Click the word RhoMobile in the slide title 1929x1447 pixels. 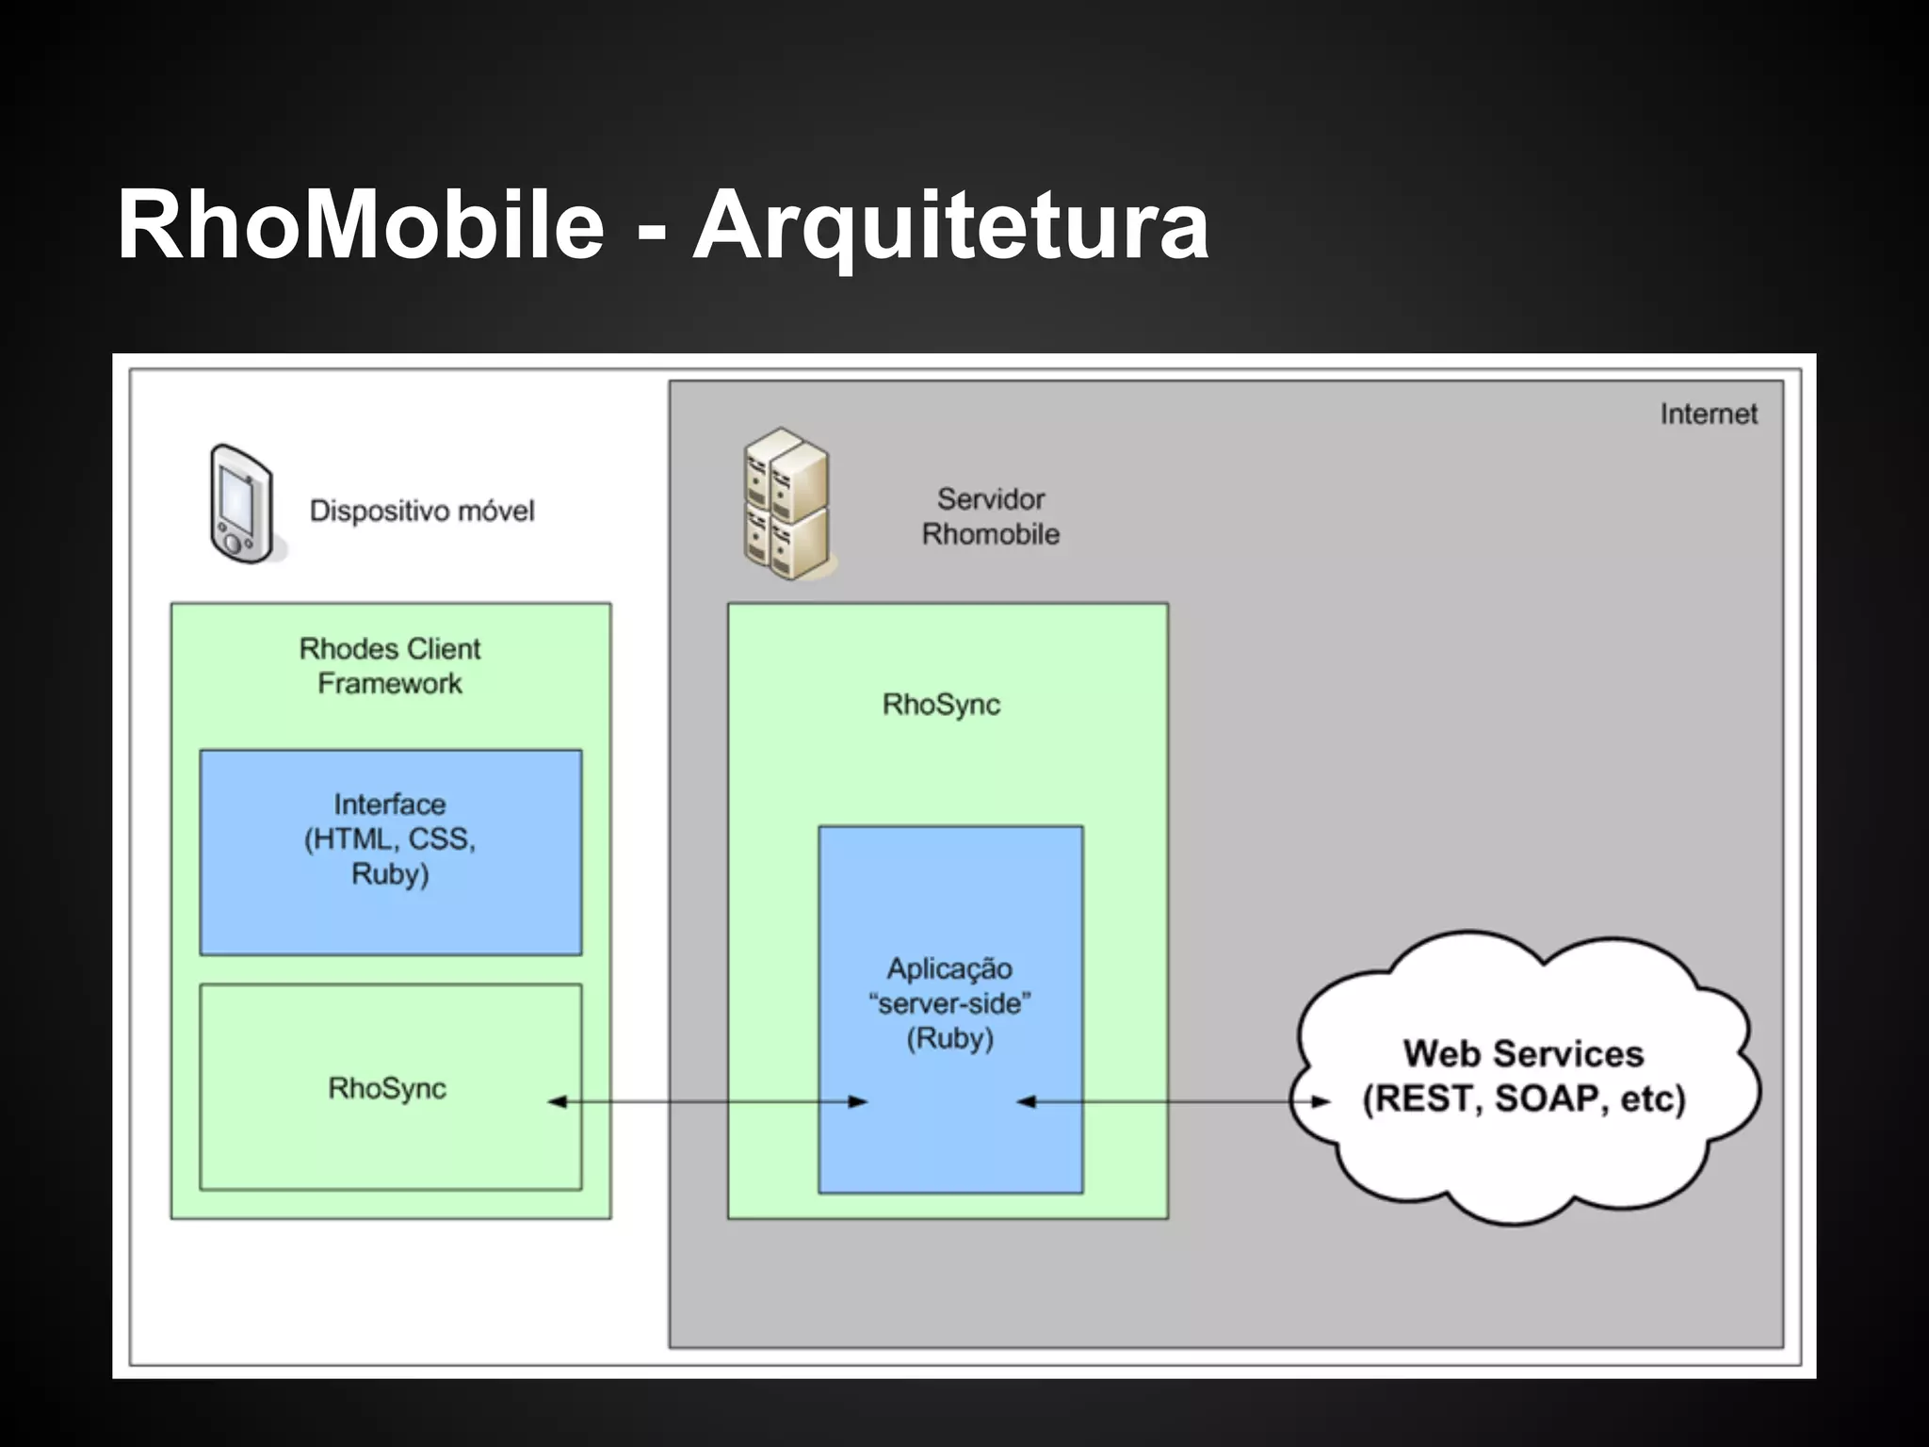coord(360,225)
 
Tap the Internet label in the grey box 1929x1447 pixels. coord(1708,414)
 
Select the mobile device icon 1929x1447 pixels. coord(243,505)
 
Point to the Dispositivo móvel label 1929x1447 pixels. coord(422,512)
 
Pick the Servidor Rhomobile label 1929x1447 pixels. coord(991,516)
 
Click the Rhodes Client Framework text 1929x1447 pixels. coord(390,666)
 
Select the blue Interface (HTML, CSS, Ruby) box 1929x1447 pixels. coord(391,852)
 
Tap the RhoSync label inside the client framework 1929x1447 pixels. coord(386,1088)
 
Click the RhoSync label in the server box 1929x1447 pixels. coord(941,705)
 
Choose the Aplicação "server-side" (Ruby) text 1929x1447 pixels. coord(949,1003)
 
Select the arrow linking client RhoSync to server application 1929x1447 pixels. coord(706,1101)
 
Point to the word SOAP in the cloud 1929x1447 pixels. coord(1546,1099)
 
